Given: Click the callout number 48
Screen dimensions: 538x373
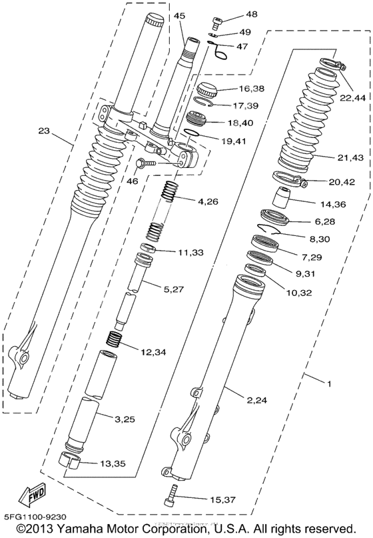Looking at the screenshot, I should pos(232,14).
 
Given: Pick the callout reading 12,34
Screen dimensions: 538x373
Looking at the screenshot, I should pos(155,351).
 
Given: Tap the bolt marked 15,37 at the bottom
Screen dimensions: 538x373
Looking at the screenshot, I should pos(172,495).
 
